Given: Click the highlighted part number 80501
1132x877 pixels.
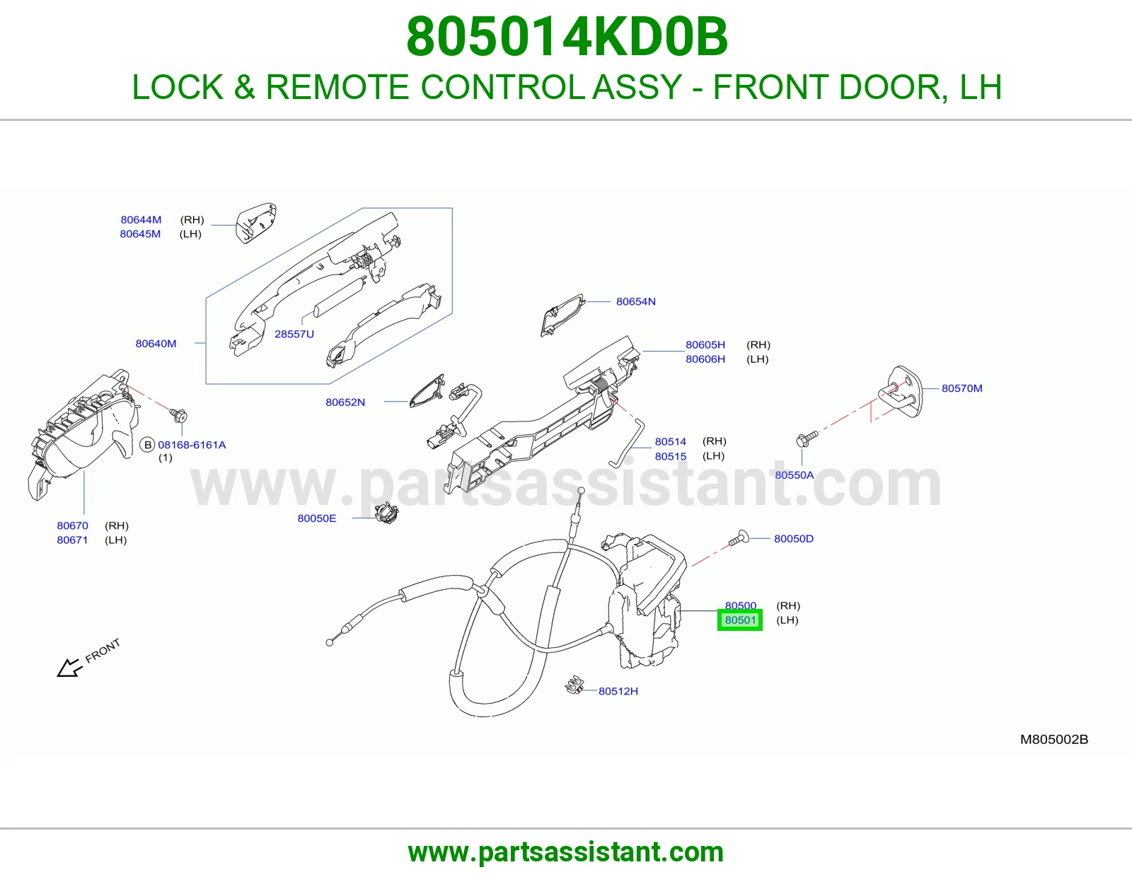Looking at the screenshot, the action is pyautogui.click(x=740, y=620).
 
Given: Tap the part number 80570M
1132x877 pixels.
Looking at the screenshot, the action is pyautogui.click(x=961, y=388).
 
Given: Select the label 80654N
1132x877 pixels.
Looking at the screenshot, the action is pyautogui.click(x=635, y=301).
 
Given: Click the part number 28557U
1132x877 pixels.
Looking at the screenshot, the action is pyautogui.click(x=294, y=334).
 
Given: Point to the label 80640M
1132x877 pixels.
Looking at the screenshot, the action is pyautogui.click(x=156, y=344).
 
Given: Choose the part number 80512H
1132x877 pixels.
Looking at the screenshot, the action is pyautogui.click(x=618, y=691).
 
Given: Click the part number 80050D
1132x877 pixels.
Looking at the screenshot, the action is pyautogui.click(x=793, y=538).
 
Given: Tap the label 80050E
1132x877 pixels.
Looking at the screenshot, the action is pyautogui.click(x=317, y=518).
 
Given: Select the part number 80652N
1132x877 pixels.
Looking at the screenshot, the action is pyautogui.click(x=345, y=402).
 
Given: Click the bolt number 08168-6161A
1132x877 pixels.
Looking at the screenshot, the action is pyautogui.click(x=192, y=445).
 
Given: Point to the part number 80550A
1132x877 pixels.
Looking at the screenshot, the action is pyautogui.click(x=794, y=475).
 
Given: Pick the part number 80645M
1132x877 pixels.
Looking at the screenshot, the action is pyautogui.click(x=140, y=234).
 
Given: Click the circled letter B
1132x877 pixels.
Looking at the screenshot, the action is pyautogui.click(x=148, y=445).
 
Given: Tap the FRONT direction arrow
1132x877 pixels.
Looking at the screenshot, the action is pyautogui.click(x=70, y=668).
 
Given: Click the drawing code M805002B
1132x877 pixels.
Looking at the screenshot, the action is pyautogui.click(x=1054, y=740).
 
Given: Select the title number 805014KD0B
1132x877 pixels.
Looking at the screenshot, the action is pyautogui.click(x=566, y=37).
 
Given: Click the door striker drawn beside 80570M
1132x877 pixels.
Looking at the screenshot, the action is pyautogui.click(x=900, y=392).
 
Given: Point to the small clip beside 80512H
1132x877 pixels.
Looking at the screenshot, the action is pyautogui.click(x=574, y=685).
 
